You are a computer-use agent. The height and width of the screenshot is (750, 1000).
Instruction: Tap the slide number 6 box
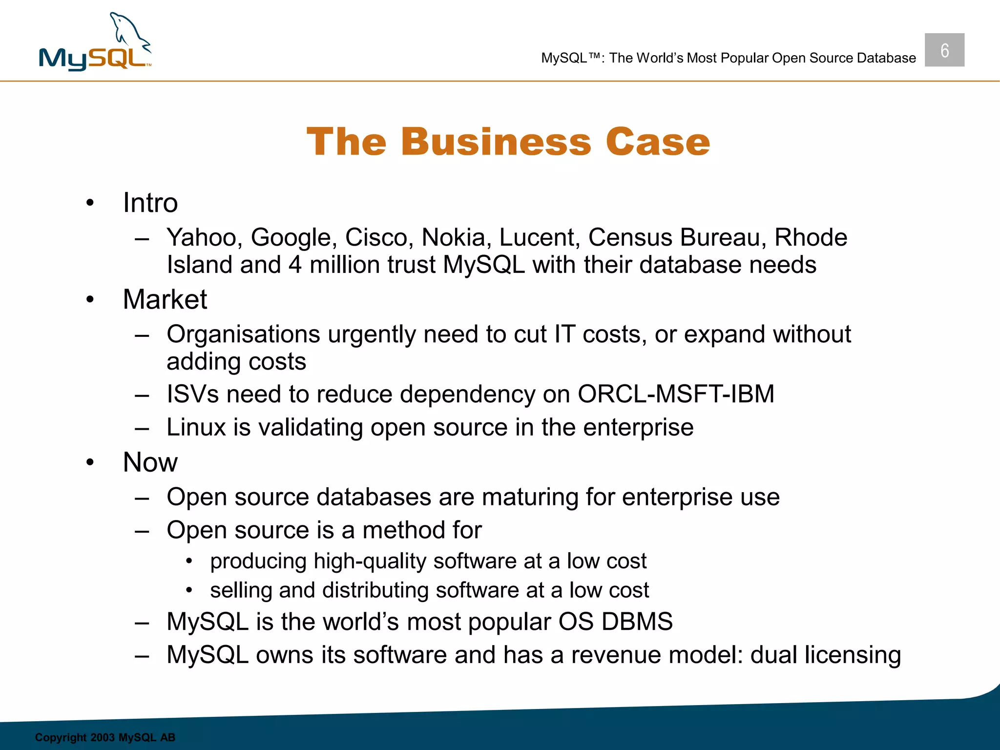coord(944,50)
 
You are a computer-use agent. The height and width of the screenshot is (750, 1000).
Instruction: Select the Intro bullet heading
coord(150,203)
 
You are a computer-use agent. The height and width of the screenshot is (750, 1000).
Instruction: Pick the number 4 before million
coord(295,265)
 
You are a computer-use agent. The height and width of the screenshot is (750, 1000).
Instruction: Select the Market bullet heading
coord(165,299)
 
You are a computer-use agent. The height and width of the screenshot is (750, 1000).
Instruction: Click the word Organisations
coord(243,335)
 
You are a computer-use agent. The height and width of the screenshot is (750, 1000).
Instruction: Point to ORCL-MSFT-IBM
coord(676,394)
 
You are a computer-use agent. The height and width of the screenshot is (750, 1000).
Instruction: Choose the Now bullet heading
coord(150,462)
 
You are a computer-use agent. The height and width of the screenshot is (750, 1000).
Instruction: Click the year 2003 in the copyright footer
coord(103,737)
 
